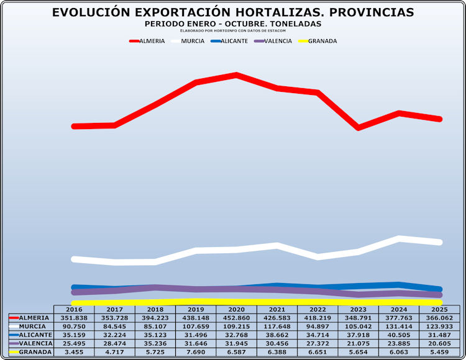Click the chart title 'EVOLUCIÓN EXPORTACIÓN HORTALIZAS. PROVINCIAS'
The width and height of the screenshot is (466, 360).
click(233, 12)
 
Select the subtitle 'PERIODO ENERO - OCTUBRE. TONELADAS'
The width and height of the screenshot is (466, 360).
click(232, 24)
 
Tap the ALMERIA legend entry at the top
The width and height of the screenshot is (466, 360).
click(147, 41)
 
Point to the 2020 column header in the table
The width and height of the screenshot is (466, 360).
click(237, 309)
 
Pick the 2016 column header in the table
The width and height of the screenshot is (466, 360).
click(74, 309)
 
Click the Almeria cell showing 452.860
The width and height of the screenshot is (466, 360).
click(237, 317)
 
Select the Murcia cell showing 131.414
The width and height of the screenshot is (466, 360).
click(400, 326)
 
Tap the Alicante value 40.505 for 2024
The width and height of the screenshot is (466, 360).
click(400, 335)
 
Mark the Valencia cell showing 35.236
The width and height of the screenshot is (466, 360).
click(155, 343)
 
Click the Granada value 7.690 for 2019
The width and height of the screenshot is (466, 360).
click(196, 352)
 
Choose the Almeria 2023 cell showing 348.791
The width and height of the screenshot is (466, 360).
click(359, 317)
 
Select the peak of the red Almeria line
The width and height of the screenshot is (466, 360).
click(237, 75)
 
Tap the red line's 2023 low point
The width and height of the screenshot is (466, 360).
click(359, 127)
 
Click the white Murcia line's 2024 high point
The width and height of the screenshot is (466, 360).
click(400, 238)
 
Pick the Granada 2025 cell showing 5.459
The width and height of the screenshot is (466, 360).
click(440, 352)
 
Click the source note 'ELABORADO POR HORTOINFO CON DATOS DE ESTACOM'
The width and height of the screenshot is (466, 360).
click(232, 30)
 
